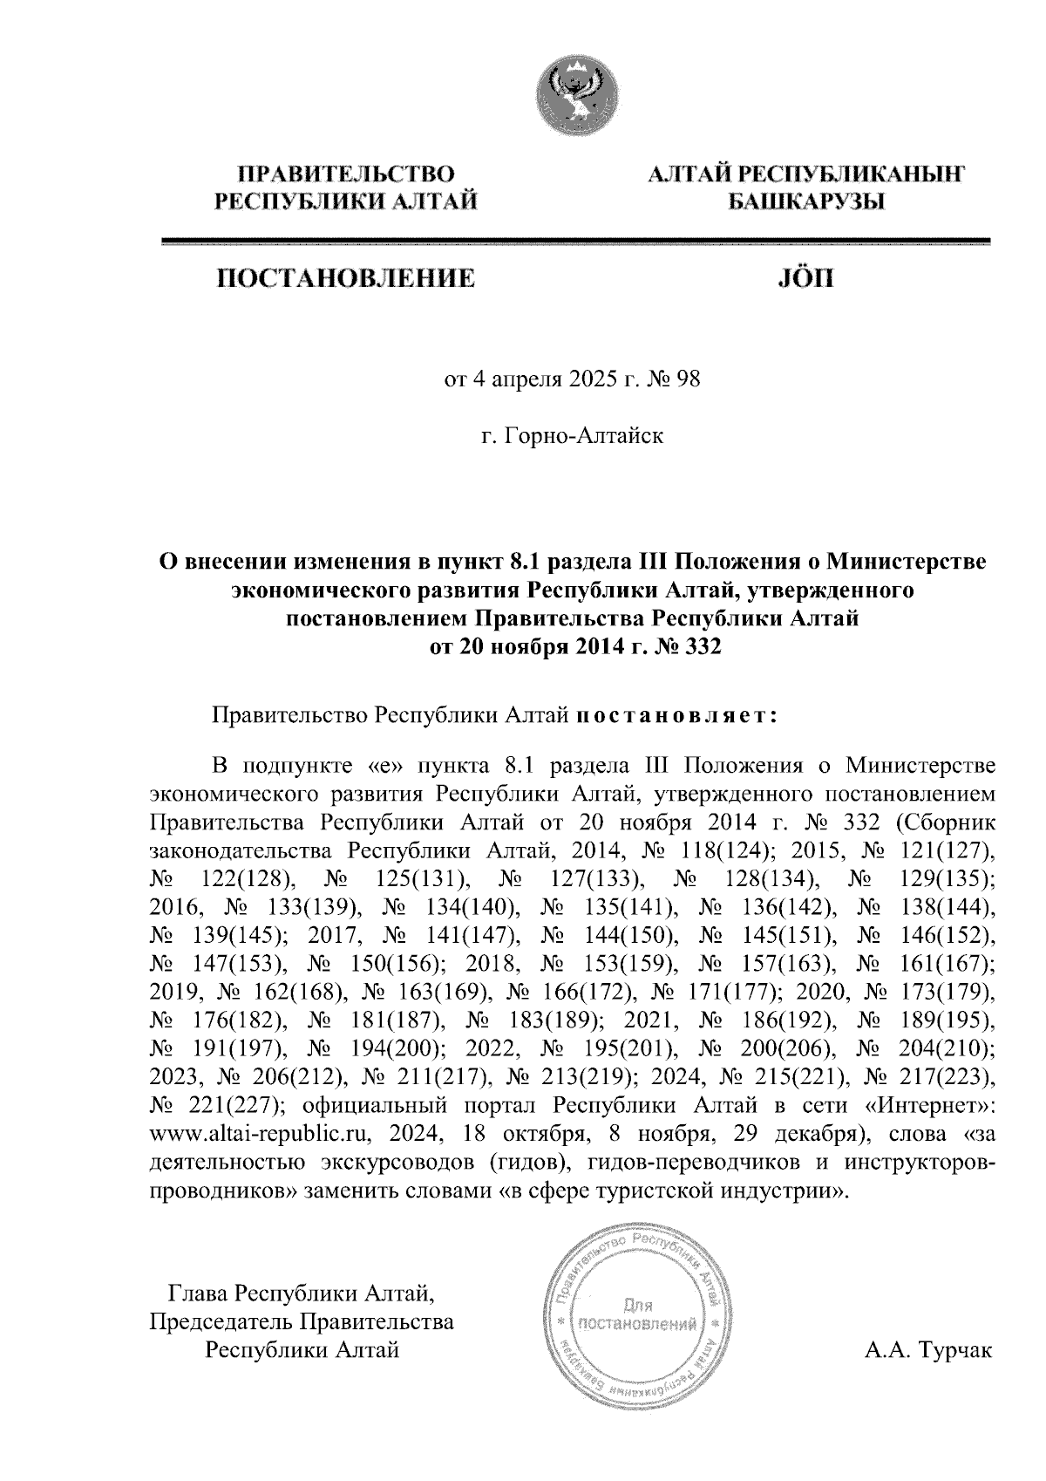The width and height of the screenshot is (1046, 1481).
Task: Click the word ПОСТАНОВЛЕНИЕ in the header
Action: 346,279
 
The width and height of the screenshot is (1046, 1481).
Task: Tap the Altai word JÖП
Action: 804,279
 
